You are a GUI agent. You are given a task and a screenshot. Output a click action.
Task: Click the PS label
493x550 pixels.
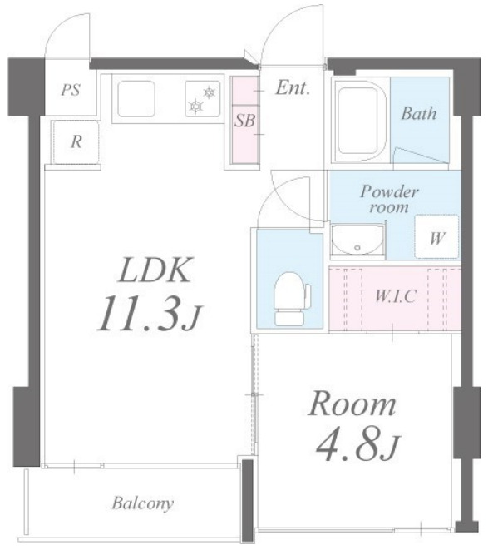click(71, 90)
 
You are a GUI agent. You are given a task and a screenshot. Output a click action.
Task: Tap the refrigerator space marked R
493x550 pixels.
click(76, 142)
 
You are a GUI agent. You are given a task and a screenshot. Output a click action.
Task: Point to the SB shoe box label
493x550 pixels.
click(244, 121)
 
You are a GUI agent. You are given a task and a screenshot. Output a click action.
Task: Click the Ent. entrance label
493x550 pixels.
click(293, 87)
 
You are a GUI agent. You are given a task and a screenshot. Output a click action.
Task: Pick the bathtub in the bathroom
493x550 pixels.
click(361, 120)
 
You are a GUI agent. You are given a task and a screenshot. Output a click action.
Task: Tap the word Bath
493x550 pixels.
click(419, 114)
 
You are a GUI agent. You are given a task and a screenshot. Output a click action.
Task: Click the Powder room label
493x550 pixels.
click(389, 199)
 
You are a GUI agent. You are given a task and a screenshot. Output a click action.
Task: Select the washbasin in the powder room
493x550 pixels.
click(357, 240)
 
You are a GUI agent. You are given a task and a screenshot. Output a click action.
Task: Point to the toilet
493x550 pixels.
click(290, 298)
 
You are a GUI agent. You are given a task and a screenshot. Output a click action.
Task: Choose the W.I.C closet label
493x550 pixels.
click(395, 296)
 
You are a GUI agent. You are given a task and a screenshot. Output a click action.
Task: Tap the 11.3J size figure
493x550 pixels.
click(149, 313)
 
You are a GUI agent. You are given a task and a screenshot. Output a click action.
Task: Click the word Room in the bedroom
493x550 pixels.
click(352, 404)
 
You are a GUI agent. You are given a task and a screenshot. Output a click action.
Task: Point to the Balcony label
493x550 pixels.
click(142, 504)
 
